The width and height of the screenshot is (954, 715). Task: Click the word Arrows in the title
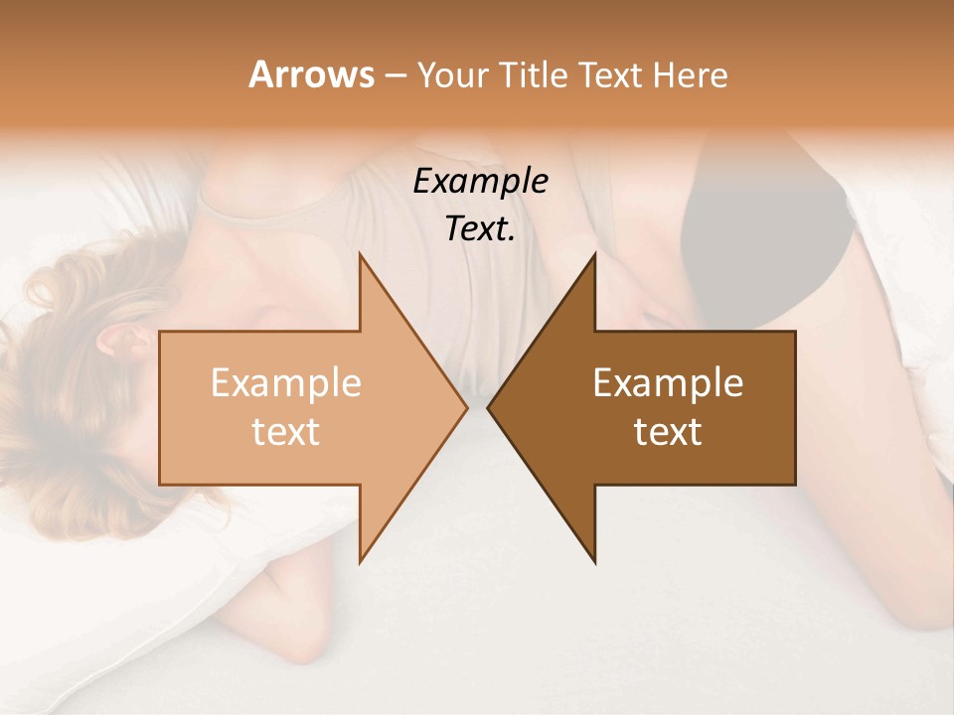[x=311, y=74]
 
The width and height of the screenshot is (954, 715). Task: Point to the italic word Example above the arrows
[x=480, y=181]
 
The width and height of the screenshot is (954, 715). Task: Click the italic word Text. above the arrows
[x=480, y=228]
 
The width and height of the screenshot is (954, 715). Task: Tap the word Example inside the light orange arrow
[x=286, y=382]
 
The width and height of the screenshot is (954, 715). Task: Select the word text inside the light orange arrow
[x=286, y=431]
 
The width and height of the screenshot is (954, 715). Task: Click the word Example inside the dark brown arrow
[x=668, y=382]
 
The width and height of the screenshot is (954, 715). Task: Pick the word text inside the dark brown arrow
[x=668, y=431]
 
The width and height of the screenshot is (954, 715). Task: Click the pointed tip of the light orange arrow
[x=467, y=408]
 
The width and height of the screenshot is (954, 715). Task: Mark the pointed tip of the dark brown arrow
[x=488, y=408]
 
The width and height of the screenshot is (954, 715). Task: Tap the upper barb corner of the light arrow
[x=360, y=254]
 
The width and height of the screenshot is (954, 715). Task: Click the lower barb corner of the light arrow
[x=360, y=562]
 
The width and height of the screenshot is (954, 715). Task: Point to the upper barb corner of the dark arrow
[x=594, y=254]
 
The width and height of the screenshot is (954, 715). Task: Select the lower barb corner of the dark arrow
[x=594, y=562]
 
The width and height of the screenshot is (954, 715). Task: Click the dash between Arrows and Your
[x=395, y=76]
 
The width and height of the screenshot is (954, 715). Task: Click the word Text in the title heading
[x=611, y=75]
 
